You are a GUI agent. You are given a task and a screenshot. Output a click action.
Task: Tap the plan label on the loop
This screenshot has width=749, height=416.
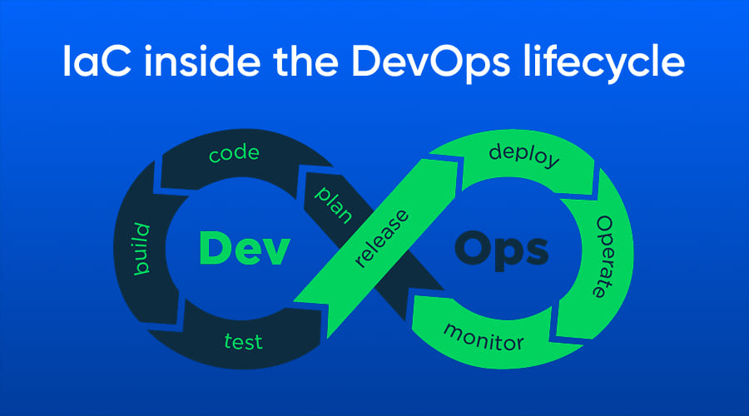point(334,205)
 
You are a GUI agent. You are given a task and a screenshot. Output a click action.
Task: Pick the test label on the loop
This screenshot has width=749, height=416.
point(243,341)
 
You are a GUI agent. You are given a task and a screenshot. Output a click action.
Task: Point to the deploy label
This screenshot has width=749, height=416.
point(524,155)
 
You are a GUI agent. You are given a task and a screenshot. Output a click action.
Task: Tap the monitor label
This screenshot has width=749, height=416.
point(484,338)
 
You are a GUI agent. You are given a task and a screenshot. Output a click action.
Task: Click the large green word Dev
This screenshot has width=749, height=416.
point(244,249)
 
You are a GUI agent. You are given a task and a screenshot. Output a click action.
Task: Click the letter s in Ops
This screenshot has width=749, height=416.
point(535,252)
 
